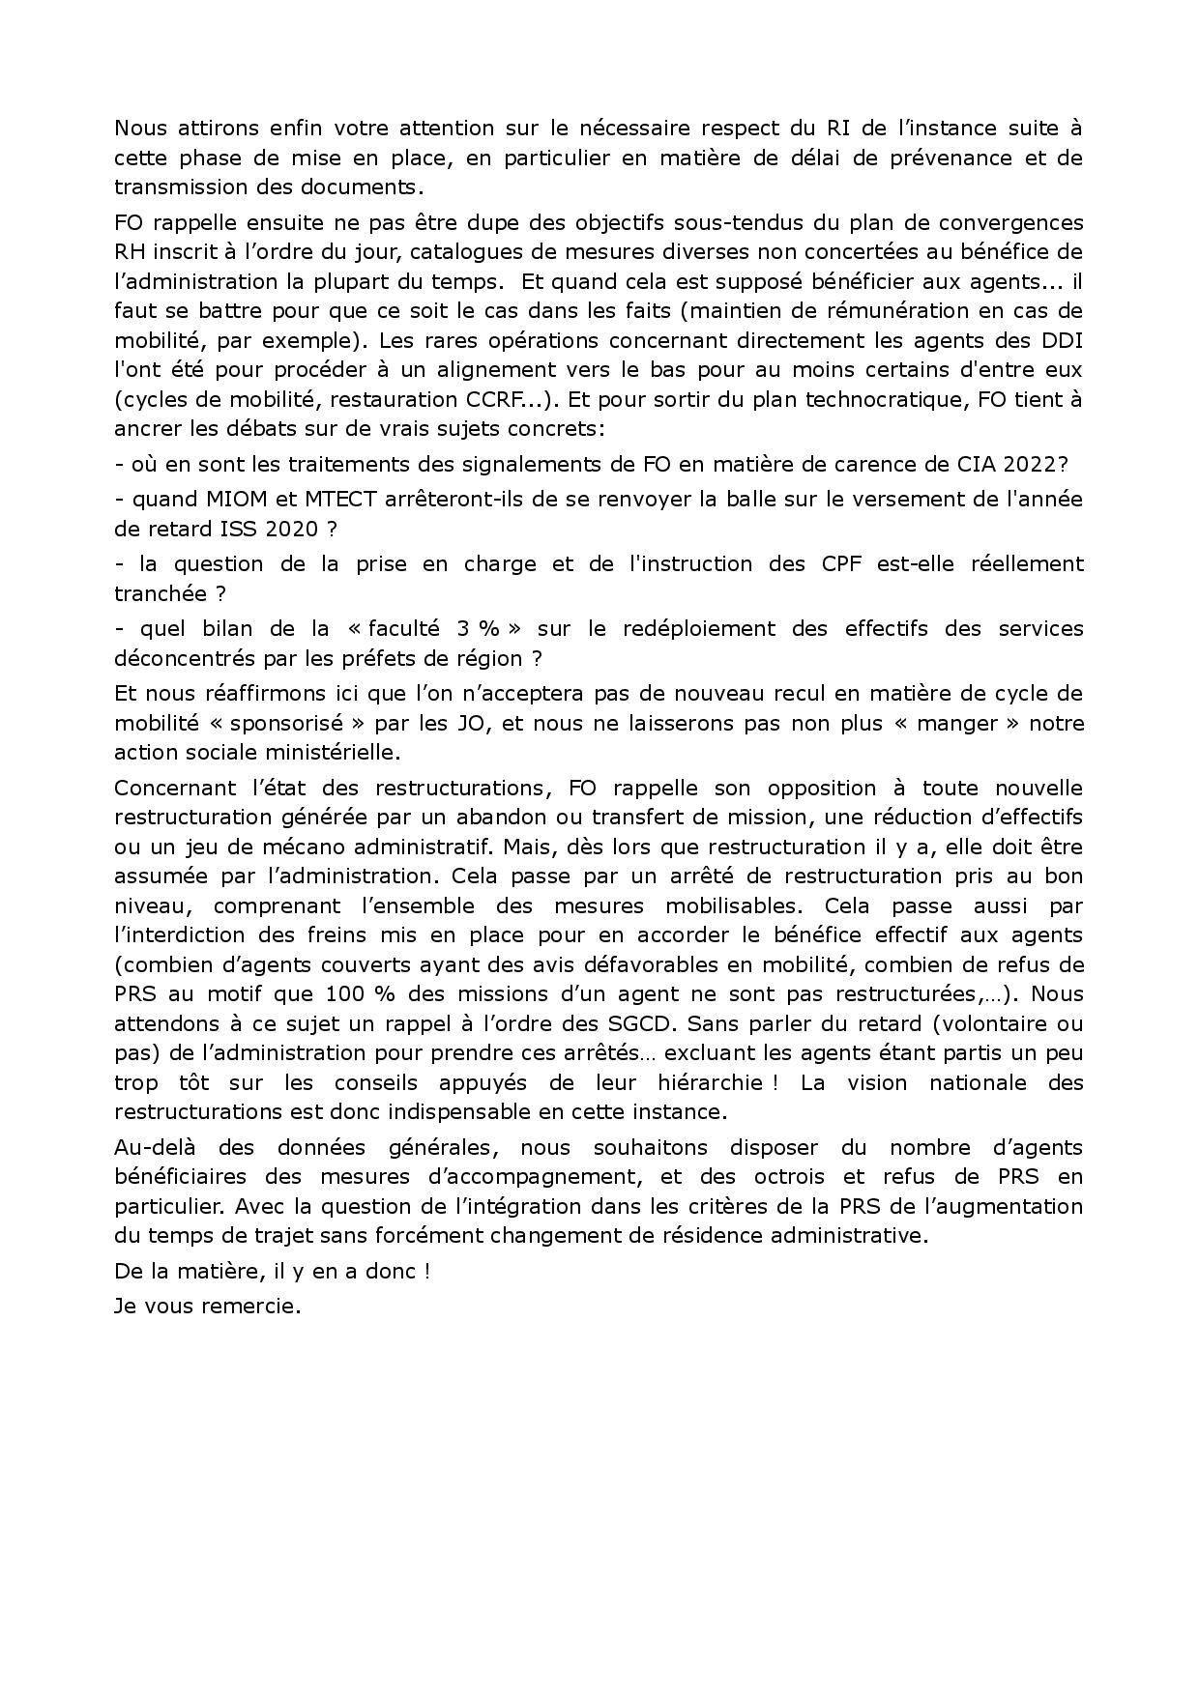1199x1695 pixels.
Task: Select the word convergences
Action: tap(1016, 222)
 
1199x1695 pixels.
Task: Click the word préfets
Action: tap(401, 658)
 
